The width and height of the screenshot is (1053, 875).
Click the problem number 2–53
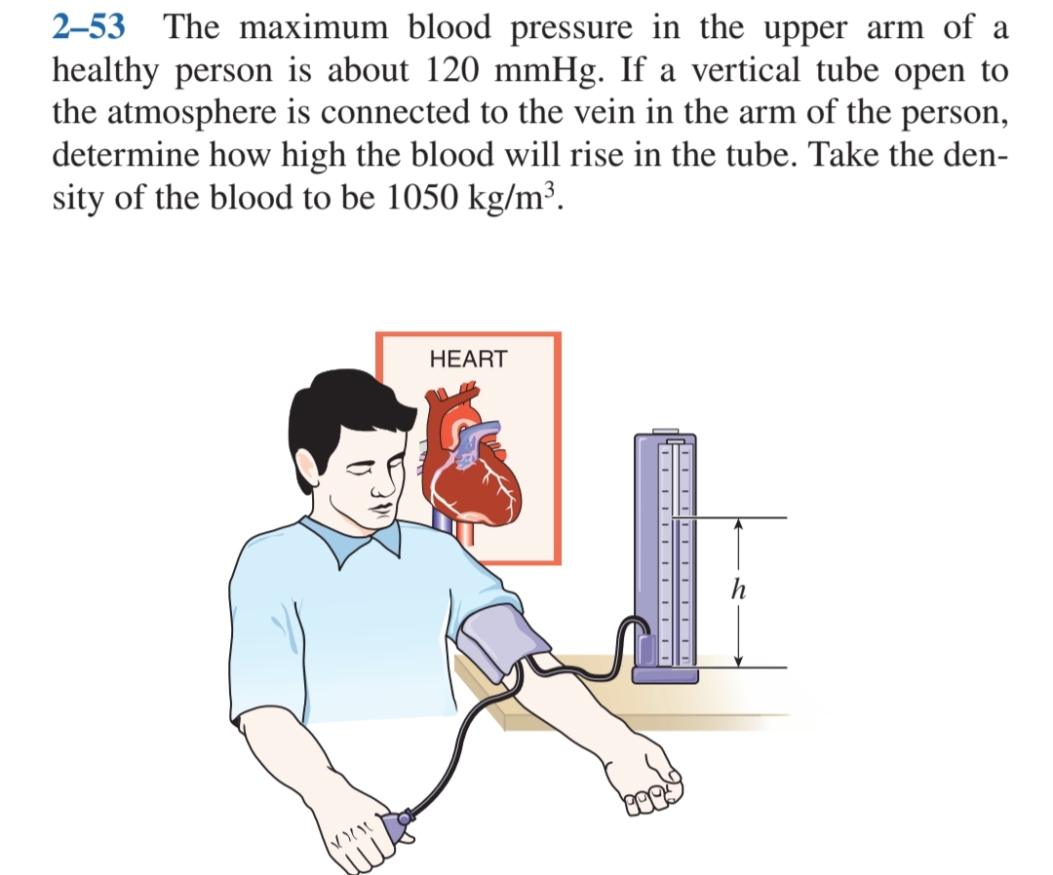tap(88, 26)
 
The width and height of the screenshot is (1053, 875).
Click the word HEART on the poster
tap(468, 359)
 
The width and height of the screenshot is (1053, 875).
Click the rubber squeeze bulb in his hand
tap(399, 826)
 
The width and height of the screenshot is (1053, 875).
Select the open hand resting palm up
tap(643, 775)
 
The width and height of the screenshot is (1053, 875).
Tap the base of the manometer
tap(666, 674)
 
